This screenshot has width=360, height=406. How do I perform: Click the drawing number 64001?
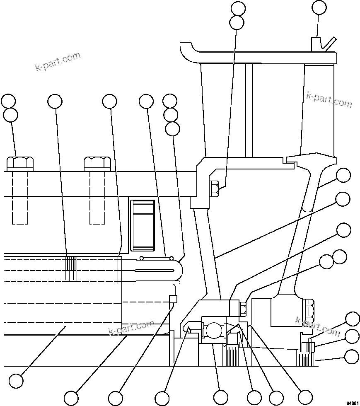point(351,402)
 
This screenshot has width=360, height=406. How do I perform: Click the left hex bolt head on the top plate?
point(20,163)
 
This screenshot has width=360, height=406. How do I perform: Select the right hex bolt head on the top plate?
point(97,163)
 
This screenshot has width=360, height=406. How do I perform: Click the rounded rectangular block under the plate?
point(143,225)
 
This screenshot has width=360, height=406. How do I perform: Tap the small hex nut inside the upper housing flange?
point(215,188)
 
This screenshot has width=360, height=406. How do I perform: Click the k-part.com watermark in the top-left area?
point(58,62)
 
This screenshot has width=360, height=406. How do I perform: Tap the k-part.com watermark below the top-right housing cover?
point(329,99)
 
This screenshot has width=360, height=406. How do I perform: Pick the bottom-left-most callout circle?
point(16,381)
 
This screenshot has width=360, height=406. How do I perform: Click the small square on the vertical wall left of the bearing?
point(173,299)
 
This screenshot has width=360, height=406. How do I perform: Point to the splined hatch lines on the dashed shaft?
point(72,268)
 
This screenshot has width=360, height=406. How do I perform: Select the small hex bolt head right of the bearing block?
point(243,308)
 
